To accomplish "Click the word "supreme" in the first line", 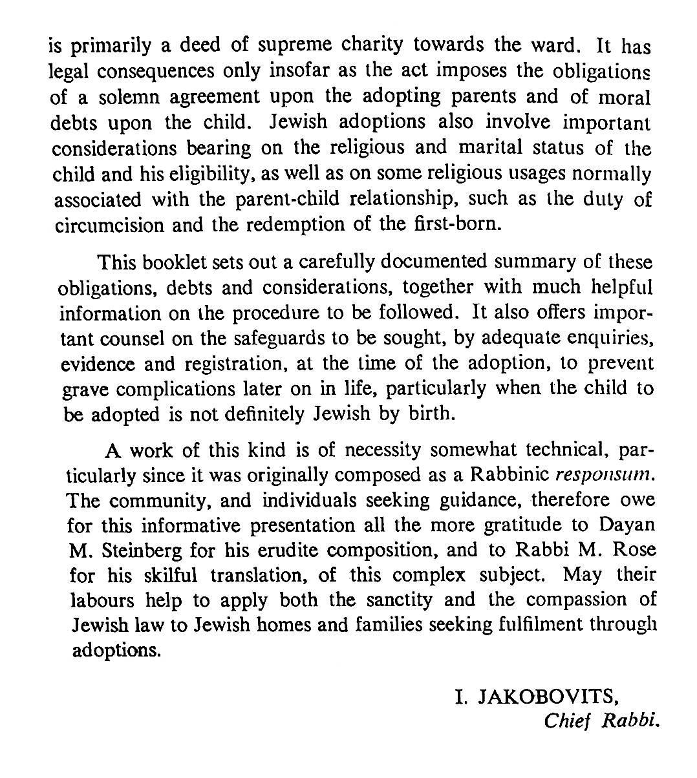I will [x=294, y=46].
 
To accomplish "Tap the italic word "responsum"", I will [x=601, y=475].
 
